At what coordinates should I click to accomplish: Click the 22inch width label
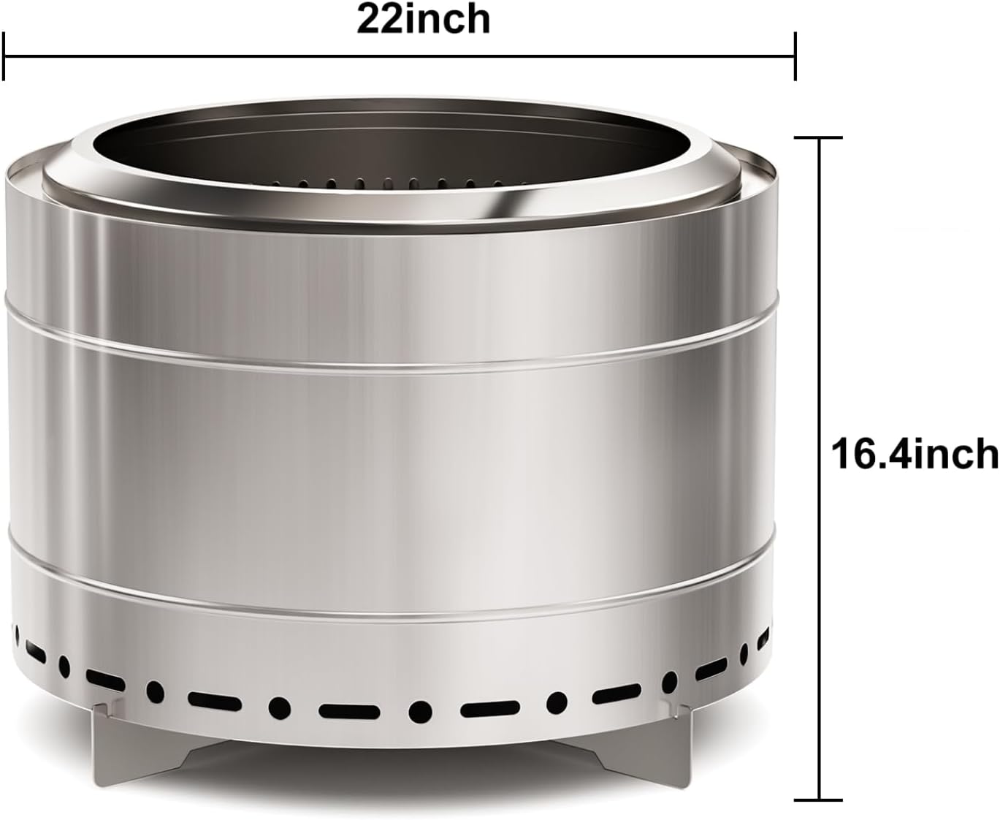[423, 20]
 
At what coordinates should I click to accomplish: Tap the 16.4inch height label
[914, 453]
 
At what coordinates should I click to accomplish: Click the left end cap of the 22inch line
[4, 56]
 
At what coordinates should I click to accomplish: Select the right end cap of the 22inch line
[795, 56]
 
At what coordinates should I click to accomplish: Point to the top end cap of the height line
[820, 137]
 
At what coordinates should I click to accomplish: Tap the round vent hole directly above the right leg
[669, 681]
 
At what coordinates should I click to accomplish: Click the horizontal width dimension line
[398, 56]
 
